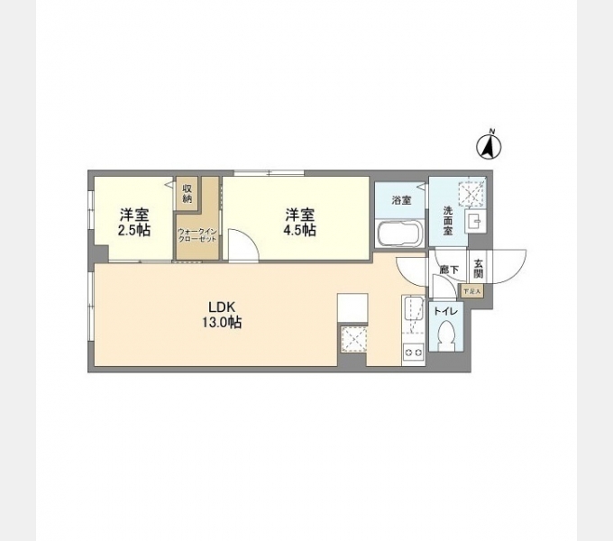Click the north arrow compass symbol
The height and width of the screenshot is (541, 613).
click(491, 145)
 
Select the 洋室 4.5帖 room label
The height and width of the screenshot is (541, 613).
click(301, 222)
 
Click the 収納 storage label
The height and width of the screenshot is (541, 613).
click(188, 193)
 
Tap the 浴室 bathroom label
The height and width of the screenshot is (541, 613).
click(401, 200)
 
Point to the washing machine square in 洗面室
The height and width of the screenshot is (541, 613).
click(471, 193)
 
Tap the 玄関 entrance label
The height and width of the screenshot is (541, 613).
click(478, 268)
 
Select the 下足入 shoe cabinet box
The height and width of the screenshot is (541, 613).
click(471, 290)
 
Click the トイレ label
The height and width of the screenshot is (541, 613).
click(445, 311)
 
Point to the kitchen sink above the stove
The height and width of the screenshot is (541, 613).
click(413, 309)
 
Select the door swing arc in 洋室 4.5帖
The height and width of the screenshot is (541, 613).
click(240, 245)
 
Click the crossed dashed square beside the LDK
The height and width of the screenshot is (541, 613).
click(352, 342)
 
